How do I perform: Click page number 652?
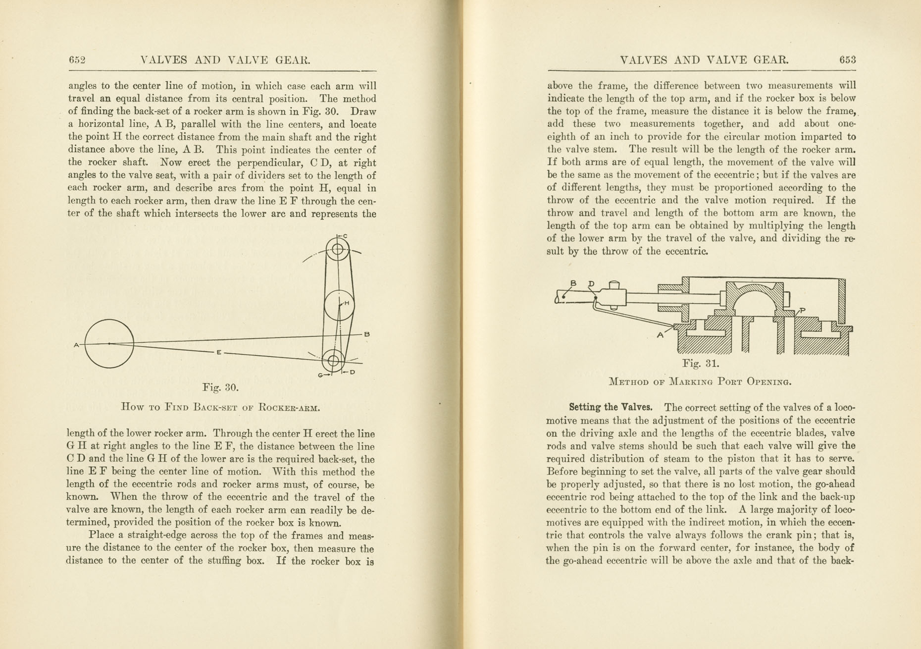pyautogui.click(x=77, y=60)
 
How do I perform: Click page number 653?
pyautogui.click(x=847, y=60)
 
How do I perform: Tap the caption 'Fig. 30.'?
pyautogui.click(x=220, y=387)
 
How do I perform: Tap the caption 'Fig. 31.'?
pyautogui.click(x=700, y=364)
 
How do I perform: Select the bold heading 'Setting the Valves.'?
pyautogui.click(x=610, y=408)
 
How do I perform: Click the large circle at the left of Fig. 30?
pyautogui.click(x=109, y=343)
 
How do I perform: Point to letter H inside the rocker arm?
pyautogui.click(x=347, y=303)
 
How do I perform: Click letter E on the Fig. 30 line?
pyautogui.click(x=218, y=352)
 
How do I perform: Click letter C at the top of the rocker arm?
pyautogui.click(x=345, y=236)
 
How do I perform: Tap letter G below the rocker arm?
pyautogui.click(x=321, y=376)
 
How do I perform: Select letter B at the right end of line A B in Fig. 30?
pyautogui.click(x=367, y=334)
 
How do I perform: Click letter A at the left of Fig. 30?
pyautogui.click(x=76, y=345)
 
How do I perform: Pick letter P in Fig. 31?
pyautogui.click(x=803, y=311)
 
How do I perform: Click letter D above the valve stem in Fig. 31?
pyautogui.click(x=591, y=284)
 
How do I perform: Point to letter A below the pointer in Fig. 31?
pyautogui.click(x=660, y=335)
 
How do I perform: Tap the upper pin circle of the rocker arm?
pyautogui.click(x=338, y=249)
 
